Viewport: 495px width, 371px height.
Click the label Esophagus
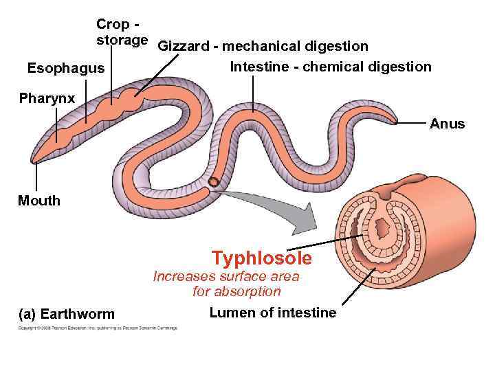click(65, 68)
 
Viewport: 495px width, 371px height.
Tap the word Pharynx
click(47, 100)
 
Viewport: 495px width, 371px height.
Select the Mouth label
click(39, 201)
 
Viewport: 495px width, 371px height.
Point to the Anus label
click(448, 124)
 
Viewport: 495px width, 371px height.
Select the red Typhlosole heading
click(261, 258)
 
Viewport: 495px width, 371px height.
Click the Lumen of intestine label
click(273, 313)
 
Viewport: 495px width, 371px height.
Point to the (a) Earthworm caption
click(67, 314)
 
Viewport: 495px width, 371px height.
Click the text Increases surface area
click(226, 277)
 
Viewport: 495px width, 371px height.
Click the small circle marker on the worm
click(214, 182)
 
